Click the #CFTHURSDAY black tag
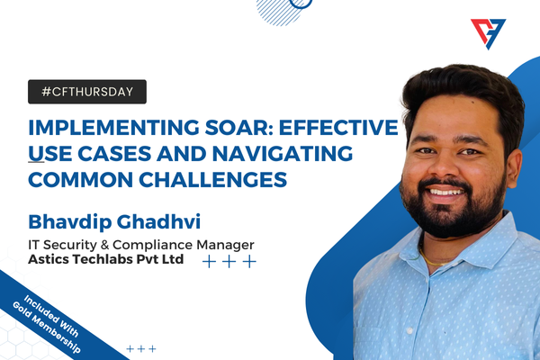(x=87, y=92)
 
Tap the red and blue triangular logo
(x=488, y=34)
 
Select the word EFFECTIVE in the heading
(x=338, y=128)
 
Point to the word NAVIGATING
(x=283, y=154)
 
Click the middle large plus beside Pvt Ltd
(x=229, y=262)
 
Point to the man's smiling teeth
(x=445, y=192)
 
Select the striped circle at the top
(x=280, y=12)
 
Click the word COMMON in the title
(x=81, y=180)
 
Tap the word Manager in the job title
(x=225, y=246)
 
